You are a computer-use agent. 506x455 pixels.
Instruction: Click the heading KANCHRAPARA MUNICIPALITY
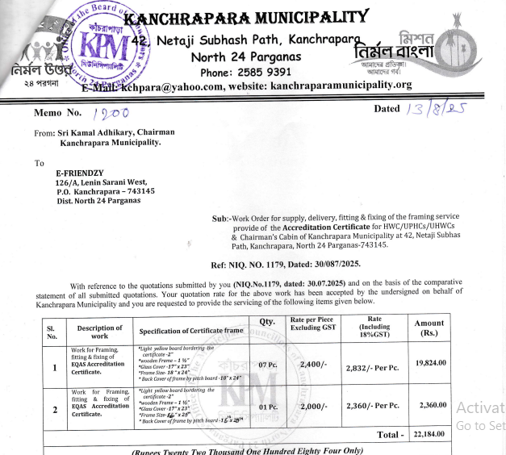[248, 18]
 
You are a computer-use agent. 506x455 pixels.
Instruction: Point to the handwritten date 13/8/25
[437, 111]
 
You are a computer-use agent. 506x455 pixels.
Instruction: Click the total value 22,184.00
[429, 435]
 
